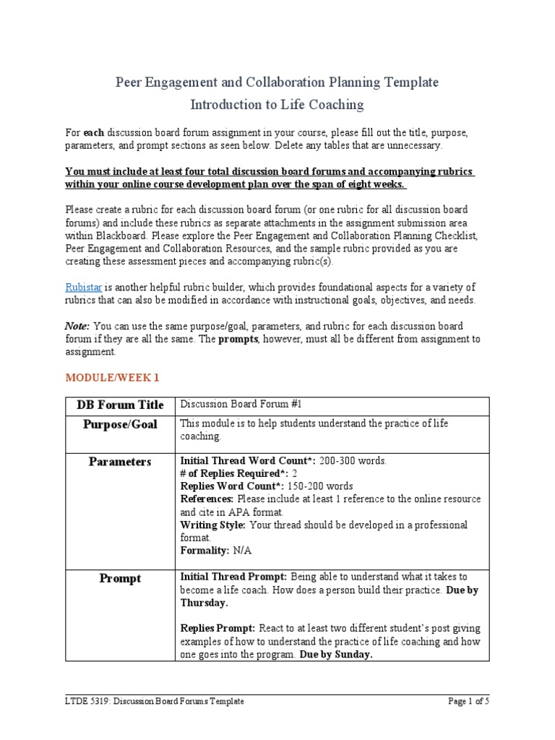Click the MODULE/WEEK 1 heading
tap(112, 377)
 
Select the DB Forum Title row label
tap(120, 405)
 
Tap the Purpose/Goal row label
tap(120, 424)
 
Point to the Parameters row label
tap(120, 462)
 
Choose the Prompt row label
tap(120, 578)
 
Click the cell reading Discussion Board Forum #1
tap(236, 405)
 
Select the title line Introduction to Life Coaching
tap(277, 105)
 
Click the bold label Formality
tap(205, 551)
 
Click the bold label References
tap(206, 499)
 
